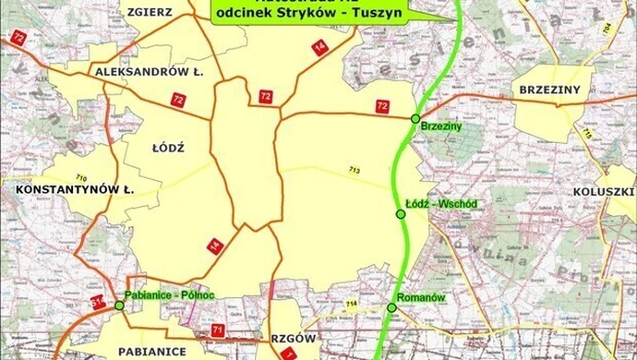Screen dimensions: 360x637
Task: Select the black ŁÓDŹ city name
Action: point(167,147)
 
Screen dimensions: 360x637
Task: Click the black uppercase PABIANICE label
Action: point(153,352)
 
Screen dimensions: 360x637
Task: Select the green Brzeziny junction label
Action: point(439,125)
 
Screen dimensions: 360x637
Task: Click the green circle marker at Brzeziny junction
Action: point(415,118)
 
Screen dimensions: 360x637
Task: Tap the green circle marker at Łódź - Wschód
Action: point(401,214)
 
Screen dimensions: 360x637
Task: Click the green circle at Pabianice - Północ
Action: point(119,304)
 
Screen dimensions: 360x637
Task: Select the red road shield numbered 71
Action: point(218,330)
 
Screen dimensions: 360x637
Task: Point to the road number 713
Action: point(355,170)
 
